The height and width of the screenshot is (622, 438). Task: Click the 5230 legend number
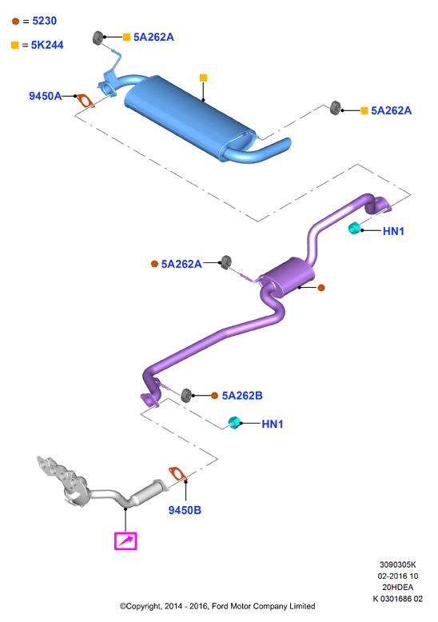(45, 21)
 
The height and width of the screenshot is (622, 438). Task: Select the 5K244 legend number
(47, 45)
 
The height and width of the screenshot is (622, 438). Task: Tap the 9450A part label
(46, 96)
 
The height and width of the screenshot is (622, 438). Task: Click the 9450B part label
(185, 510)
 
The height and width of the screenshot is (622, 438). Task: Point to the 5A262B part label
(242, 396)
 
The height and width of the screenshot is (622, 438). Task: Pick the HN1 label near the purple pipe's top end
(393, 231)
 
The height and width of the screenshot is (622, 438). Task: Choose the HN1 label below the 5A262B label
(273, 424)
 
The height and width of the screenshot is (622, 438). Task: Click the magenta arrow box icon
(125, 541)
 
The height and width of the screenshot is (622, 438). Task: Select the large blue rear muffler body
(189, 115)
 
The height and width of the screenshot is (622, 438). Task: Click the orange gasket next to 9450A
(86, 101)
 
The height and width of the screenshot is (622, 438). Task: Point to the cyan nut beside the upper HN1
(354, 228)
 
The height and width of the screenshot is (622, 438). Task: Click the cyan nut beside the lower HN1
(234, 423)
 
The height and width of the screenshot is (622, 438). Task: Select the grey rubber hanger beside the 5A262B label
(186, 395)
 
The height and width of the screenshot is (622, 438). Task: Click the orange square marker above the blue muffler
(203, 78)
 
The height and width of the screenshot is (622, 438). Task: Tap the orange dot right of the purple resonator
(321, 288)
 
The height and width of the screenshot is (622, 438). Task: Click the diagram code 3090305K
(398, 564)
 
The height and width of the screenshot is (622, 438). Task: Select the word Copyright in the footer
(144, 606)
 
